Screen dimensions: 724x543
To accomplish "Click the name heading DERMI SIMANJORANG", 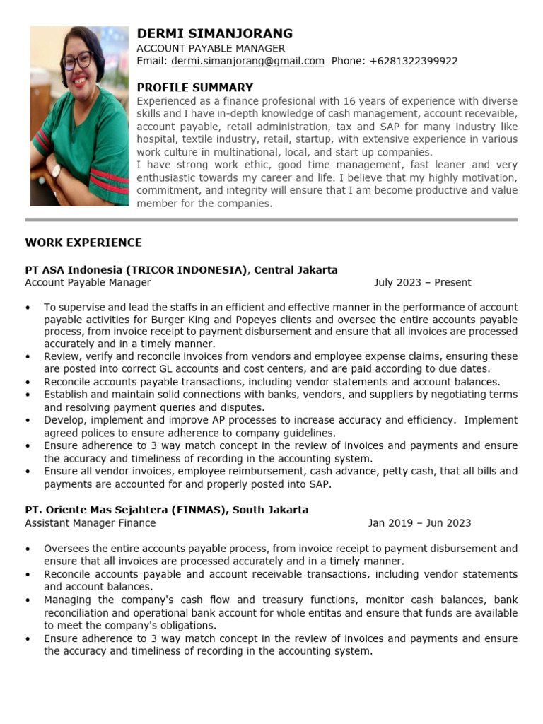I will [x=214, y=34].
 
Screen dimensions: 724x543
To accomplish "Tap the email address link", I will [x=247, y=62].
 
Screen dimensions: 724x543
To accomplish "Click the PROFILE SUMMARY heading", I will [x=194, y=88].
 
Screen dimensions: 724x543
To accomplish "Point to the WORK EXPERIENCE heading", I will [x=83, y=243].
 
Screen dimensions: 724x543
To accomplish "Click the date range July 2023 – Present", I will [x=422, y=283].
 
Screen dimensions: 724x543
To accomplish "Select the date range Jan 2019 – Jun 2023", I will [x=419, y=524].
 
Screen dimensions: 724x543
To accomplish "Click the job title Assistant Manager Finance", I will [x=90, y=524].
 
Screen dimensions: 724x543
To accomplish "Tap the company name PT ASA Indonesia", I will [x=74, y=270].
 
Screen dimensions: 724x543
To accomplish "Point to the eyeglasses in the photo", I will [x=78, y=59].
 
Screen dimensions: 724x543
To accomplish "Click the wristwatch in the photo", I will [x=56, y=171].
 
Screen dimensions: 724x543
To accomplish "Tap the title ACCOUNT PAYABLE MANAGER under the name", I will [x=211, y=48].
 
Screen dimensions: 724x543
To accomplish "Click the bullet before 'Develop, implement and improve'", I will [x=28, y=420].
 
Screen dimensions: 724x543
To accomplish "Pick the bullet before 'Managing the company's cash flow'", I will [x=28, y=600].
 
